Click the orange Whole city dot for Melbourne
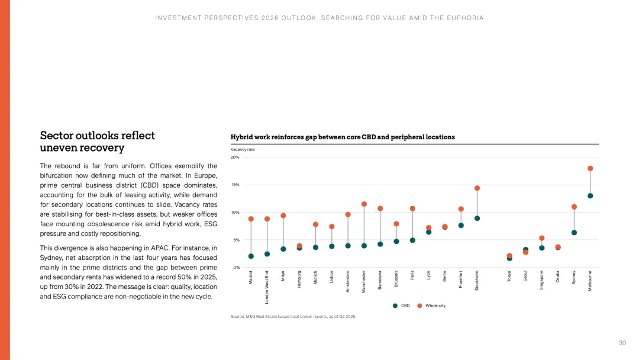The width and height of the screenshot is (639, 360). click(590, 168)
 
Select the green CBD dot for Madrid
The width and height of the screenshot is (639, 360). click(251, 256)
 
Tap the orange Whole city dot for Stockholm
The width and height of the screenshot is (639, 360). click(477, 188)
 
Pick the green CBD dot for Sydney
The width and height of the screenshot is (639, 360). click(574, 233)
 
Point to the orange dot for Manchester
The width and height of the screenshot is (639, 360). click(364, 204)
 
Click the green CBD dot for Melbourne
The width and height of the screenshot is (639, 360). click(590, 196)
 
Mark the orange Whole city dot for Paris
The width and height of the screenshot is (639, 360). click(412, 208)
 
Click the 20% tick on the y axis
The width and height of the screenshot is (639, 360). click(235, 157)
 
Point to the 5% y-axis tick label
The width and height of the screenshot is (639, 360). click(236, 240)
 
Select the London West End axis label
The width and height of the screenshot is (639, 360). click(267, 287)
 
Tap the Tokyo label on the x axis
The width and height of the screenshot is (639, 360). click(509, 277)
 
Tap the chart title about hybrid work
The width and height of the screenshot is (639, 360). click(343, 137)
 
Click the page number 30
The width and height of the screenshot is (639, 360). click(622, 343)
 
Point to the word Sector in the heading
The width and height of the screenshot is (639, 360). click(57, 136)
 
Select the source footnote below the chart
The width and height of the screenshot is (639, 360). click(293, 317)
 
